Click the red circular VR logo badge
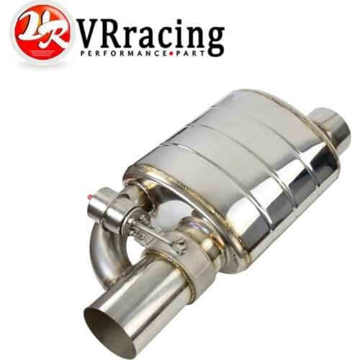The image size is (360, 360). tap(41, 33)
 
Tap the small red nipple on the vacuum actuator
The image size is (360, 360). tap(89, 196)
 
